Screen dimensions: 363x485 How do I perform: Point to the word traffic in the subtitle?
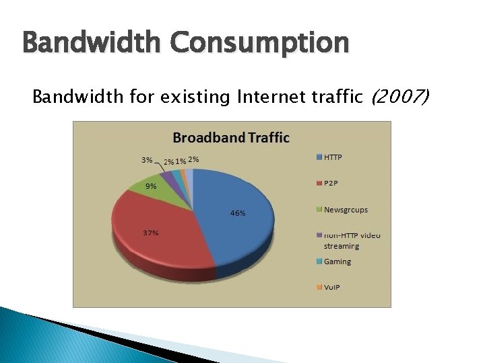click(333, 98)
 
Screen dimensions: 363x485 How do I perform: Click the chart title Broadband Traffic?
click(231, 138)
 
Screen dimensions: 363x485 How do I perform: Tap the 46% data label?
click(238, 213)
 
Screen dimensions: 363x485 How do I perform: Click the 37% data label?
click(150, 233)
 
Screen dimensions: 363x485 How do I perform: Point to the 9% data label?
click(151, 187)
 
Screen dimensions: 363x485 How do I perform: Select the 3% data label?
click(146, 160)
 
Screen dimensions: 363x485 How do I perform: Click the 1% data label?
click(181, 161)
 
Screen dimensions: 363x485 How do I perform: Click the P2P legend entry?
click(331, 184)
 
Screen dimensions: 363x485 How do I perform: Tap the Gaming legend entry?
click(337, 261)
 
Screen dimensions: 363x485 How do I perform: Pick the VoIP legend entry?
click(332, 288)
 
